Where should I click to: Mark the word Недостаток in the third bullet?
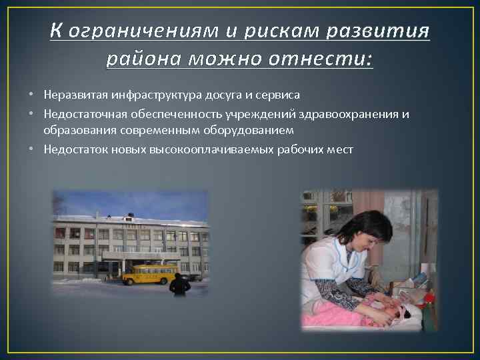coord(72,150)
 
